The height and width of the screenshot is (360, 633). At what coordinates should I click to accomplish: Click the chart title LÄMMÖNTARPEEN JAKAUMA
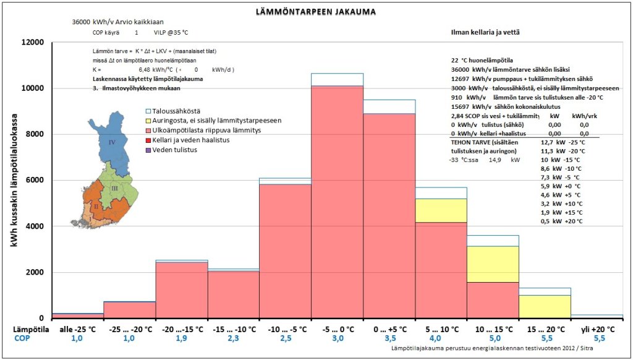point(316,11)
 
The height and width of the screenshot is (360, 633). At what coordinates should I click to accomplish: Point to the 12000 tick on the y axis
point(32,42)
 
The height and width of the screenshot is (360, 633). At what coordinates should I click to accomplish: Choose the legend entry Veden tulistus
point(166,149)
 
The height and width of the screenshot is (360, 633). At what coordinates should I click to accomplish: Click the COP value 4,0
point(441,340)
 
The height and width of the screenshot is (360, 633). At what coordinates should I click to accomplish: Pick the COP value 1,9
point(181,340)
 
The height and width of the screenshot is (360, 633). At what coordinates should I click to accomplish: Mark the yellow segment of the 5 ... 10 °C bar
point(441,210)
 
